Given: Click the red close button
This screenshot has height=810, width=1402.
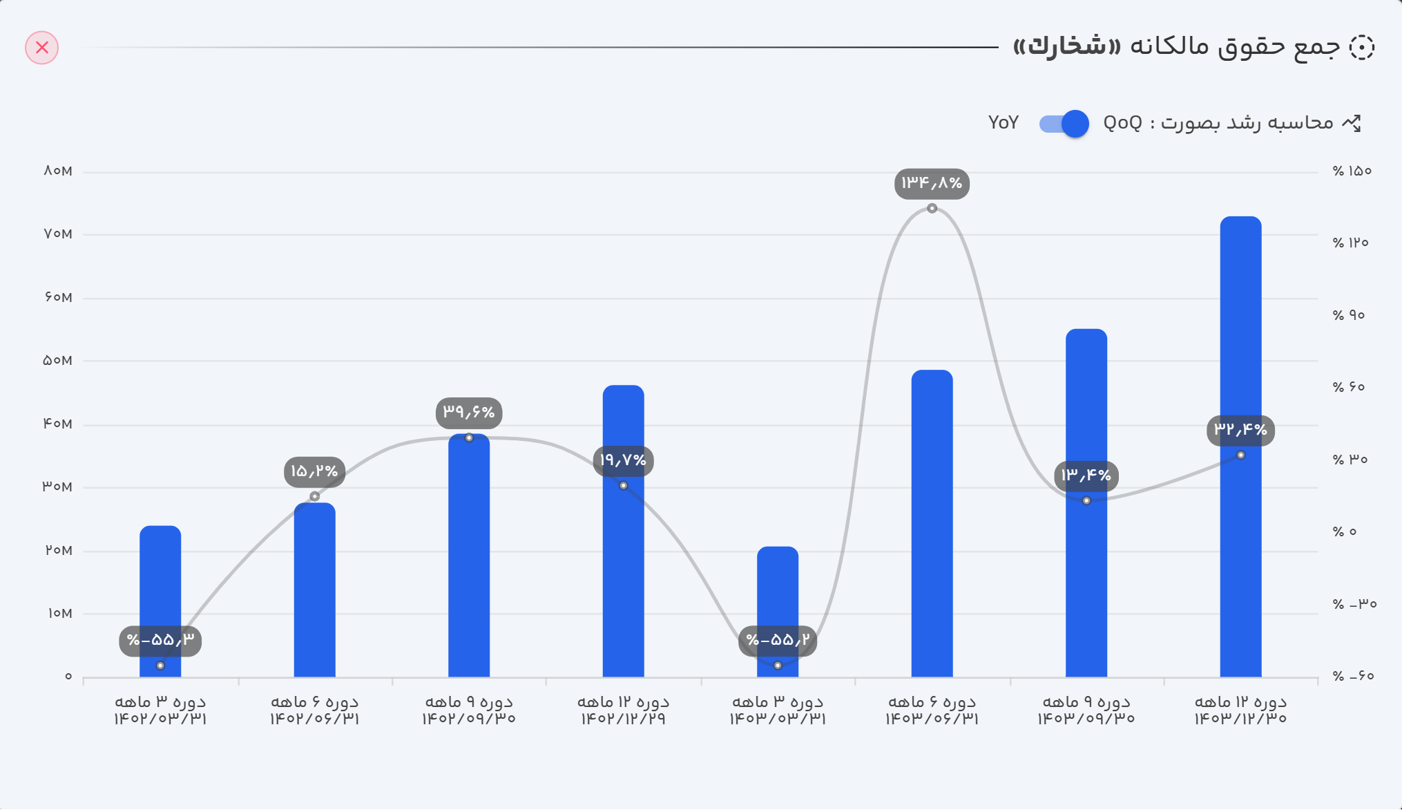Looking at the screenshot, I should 42,48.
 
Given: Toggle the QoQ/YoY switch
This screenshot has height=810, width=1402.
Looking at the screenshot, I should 1064,124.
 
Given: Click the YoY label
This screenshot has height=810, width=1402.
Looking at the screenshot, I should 1003,123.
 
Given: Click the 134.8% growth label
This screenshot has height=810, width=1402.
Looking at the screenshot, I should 932,183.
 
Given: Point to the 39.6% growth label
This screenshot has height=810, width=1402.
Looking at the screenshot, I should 469,413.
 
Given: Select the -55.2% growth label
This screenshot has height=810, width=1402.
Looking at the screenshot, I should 778,641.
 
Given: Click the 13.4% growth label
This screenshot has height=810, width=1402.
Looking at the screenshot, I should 1086,475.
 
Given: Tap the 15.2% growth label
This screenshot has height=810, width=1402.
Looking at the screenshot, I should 314,471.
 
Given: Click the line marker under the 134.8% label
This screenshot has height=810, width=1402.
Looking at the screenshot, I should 932,208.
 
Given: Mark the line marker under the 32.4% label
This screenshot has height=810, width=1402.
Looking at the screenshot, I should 1240,455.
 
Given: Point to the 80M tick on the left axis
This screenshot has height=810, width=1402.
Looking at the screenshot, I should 58,171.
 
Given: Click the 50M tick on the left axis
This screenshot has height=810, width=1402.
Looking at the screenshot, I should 58,360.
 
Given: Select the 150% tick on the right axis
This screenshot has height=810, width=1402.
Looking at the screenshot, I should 1352,171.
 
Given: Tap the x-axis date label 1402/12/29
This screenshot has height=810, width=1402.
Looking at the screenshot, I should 623,719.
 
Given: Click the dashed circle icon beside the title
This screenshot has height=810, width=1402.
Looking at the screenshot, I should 1361,48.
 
